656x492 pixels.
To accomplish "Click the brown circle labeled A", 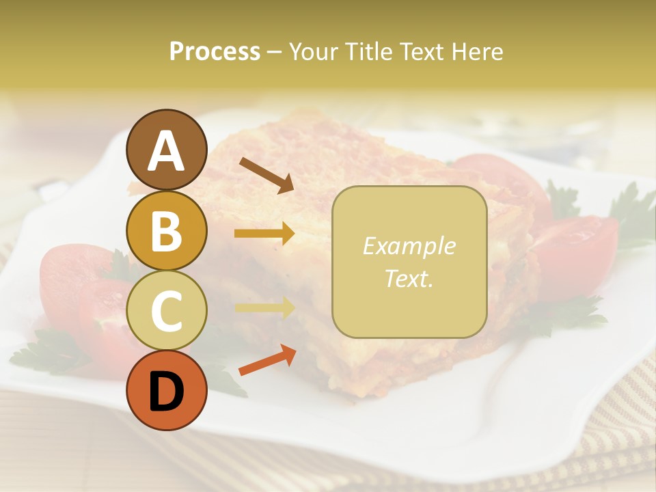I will coord(167,150).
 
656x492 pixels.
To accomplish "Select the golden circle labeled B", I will coord(167,230).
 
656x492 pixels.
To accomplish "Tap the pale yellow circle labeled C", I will coord(167,311).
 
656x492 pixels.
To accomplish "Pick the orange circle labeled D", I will coord(167,390).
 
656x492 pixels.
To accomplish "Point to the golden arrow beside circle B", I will coord(264,233).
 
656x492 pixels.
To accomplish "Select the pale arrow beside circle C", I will coord(264,307).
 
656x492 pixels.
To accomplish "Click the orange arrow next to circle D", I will coord(267,360).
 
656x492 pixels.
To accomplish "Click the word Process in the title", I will coord(215,52).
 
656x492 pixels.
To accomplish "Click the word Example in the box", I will coord(409,246).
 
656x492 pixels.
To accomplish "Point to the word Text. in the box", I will coord(409,278).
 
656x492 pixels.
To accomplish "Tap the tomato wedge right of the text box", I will coord(574,253).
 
